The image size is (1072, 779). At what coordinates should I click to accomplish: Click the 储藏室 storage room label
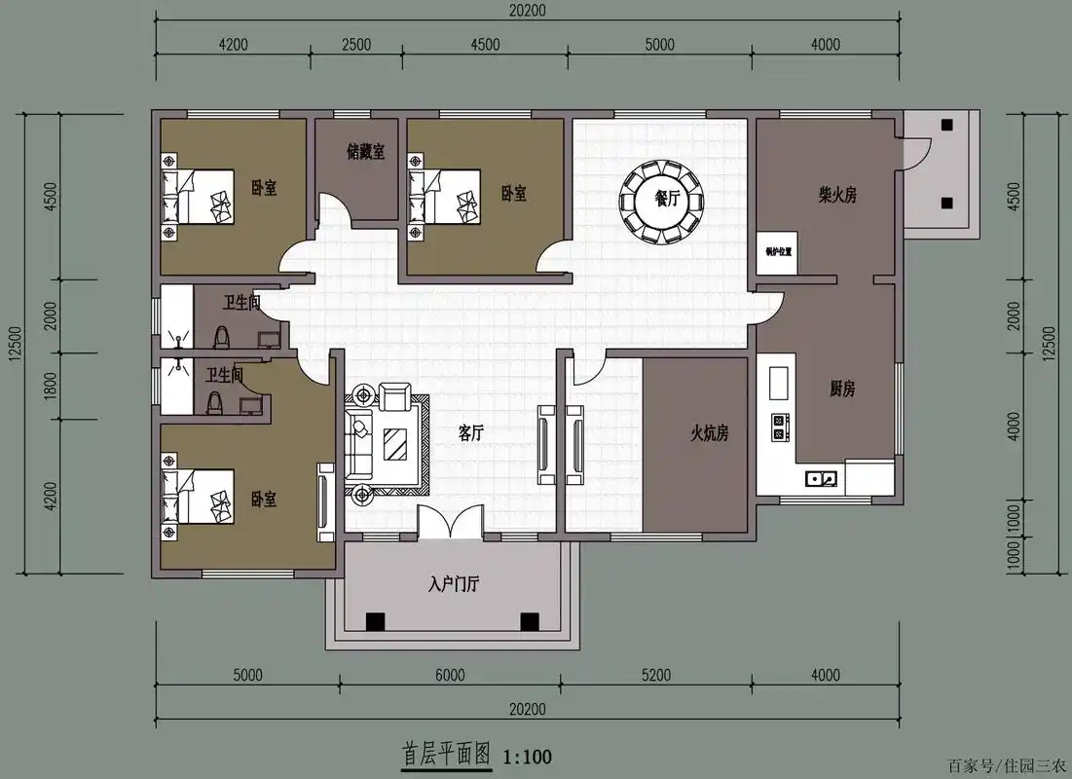click(365, 152)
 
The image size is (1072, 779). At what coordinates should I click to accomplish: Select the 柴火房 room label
click(837, 196)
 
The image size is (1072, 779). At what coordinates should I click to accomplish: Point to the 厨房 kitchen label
click(842, 389)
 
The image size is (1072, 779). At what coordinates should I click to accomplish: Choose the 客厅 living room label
click(471, 434)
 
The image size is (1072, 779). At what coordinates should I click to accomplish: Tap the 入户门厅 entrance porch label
click(453, 585)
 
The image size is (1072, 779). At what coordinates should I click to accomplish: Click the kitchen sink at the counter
click(820, 478)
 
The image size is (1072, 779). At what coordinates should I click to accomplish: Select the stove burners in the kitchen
click(779, 426)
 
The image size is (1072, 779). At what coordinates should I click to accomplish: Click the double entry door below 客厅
click(451, 523)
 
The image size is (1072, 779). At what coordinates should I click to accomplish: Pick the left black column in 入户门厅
click(374, 621)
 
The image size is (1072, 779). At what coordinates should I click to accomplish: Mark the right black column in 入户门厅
click(529, 621)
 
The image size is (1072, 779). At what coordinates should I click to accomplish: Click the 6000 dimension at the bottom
click(450, 675)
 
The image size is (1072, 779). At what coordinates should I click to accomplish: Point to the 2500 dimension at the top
click(356, 44)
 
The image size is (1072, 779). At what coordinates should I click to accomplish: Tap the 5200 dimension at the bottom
click(657, 675)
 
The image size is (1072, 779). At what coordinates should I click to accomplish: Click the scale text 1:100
click(527, 756)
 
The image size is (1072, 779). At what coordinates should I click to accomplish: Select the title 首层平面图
click(447, 755)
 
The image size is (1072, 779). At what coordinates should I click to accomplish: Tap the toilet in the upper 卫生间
click(221, 336)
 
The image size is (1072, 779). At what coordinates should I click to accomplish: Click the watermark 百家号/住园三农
click(1005, 763)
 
